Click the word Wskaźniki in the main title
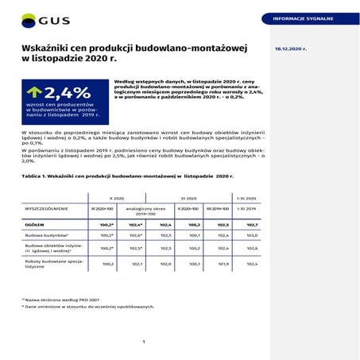(47, 47)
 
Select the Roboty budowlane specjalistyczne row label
(54, 263)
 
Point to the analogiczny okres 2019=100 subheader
(145, 210)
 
